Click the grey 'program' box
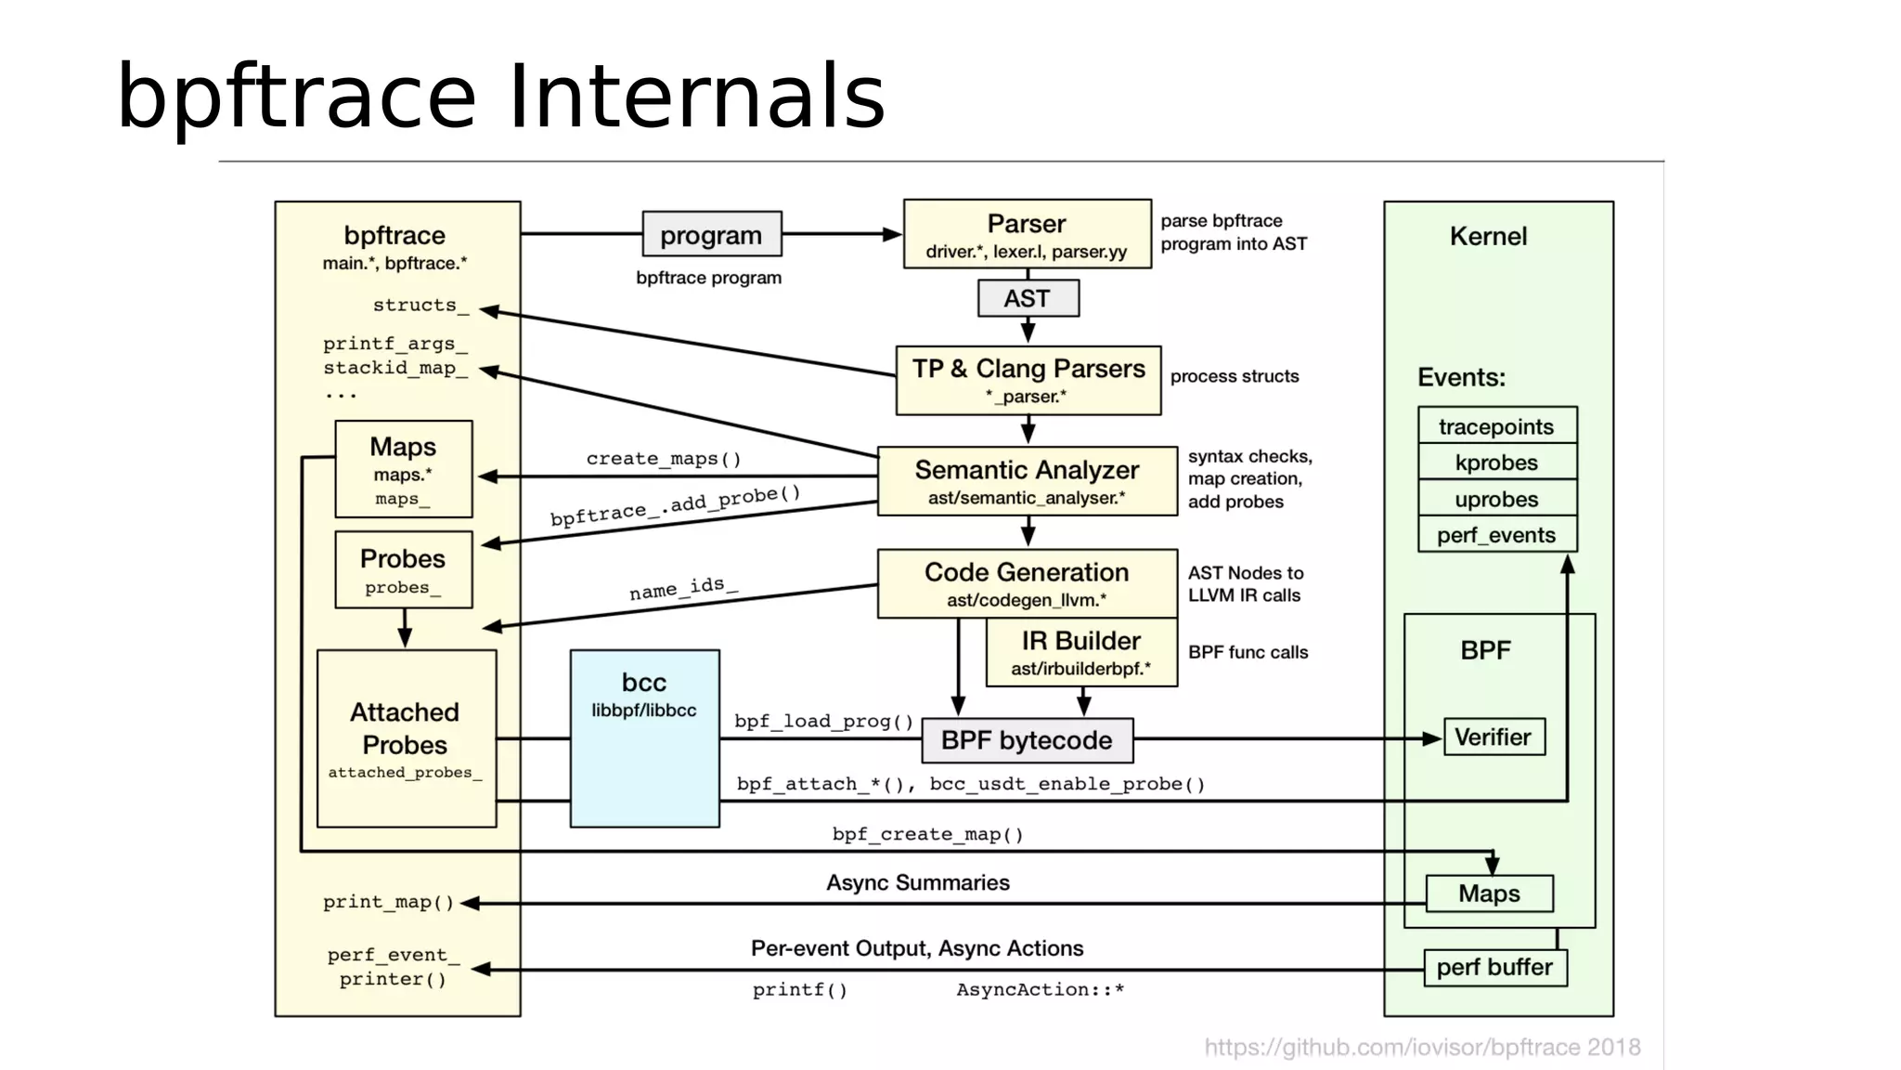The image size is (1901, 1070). tap(711, 234)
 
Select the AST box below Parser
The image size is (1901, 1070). tap(1028, 298)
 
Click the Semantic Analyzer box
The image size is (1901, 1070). tap(1027, 481)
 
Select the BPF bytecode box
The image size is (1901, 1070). tap(1027, 740)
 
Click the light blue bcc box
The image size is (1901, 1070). tap(644, 738)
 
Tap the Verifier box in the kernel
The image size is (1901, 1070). tap(1494, 737)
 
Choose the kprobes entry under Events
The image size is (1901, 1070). tap(1496, 463)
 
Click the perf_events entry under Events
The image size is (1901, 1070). tap(1496, 535)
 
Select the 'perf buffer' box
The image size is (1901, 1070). tap(1494, 968)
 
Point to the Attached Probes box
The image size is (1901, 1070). tap(406, 738)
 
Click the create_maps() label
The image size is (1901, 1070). tap(664, 459)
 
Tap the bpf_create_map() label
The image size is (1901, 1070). tap(927, 834)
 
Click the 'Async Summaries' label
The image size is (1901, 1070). tap(918, 882)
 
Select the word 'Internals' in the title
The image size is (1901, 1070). tap(696, 97)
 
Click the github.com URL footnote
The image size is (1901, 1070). tap(1421, 1048)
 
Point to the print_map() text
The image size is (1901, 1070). tap(388, 902)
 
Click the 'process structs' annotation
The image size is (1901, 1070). tap(1234, 376)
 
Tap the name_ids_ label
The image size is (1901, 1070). tap(683, 588)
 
